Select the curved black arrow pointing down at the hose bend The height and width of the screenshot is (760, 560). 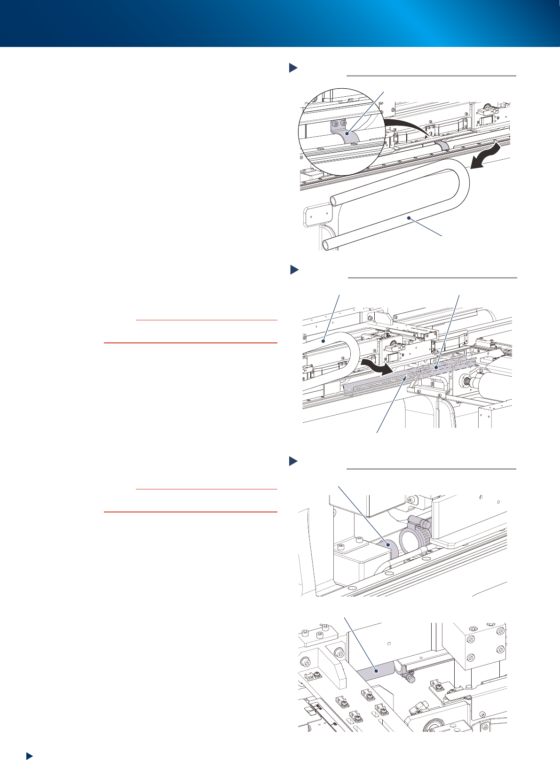click(x=484, y=156)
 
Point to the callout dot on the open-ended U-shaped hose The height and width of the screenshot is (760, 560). click(x=410, y=218)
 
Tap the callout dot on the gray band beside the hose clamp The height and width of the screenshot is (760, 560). click(x=388, y=545)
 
